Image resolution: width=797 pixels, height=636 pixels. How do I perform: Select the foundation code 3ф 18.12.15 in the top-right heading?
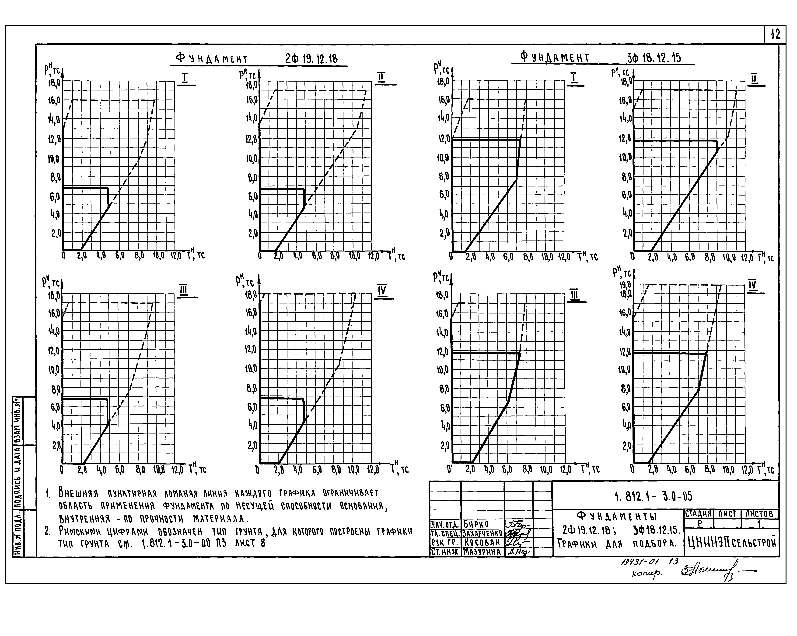tap(654, 58)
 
